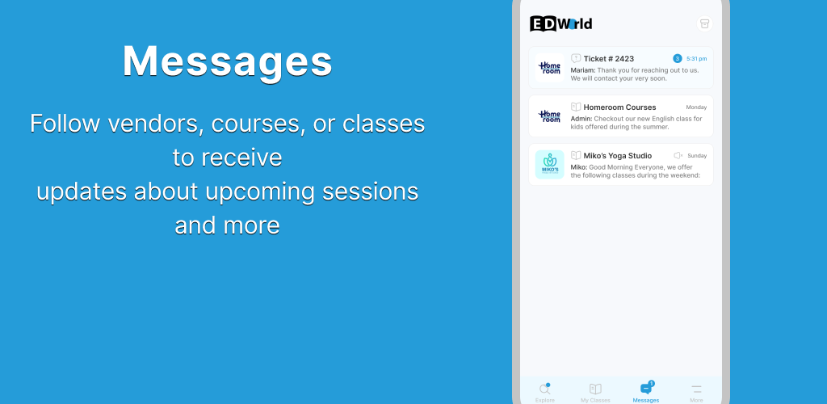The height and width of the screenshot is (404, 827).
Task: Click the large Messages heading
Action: (227, 61)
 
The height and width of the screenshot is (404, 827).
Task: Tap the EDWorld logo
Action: (560, 23)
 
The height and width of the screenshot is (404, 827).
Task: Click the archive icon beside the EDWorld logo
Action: (704, 23)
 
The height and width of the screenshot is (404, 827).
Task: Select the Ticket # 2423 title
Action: (609, 58)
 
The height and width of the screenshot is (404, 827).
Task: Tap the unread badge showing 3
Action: (678, 58)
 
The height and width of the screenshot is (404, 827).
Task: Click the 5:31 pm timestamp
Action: (696, 58)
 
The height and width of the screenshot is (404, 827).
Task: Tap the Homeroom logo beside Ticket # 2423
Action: (549, 68)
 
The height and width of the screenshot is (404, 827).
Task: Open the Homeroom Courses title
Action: (619, 107)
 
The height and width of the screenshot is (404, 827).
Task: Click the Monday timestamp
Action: (696, 107)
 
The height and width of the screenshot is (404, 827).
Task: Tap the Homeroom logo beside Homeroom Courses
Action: (549, 116)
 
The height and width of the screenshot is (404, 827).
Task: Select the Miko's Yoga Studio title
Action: (618, 156)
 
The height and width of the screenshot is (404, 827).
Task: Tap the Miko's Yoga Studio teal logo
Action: (549, 165)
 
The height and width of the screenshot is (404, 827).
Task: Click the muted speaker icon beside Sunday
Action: (678, 156)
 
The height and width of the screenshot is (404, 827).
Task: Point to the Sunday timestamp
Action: (697, 156)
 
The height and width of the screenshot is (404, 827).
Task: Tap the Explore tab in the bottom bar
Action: (545, 393)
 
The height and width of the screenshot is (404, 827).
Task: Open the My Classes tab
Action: (595, 393)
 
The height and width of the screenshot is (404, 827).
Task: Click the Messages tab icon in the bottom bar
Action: (646, 388)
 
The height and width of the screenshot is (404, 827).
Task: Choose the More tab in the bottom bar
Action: (696, 393)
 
